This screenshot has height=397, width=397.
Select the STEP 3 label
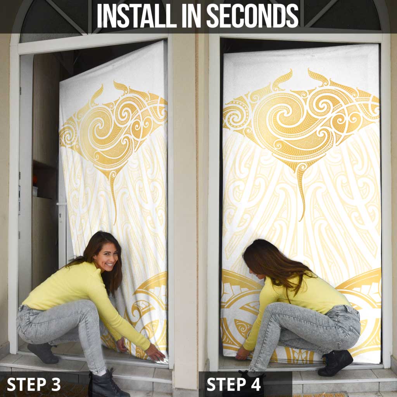pos(34,384)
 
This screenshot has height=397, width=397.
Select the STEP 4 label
pos(234,384)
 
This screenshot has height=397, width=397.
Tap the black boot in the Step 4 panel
pos(335,362)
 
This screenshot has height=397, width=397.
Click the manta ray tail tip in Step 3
pos(115,221)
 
